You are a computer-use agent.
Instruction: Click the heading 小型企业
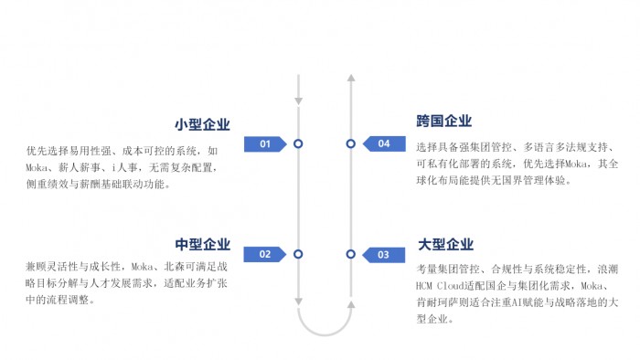click(202, 124)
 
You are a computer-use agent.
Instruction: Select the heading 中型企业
click(202, 244)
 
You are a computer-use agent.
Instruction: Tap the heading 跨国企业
click(444, 121)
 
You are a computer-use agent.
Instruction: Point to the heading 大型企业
click(446, 244)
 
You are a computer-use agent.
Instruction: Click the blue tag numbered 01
click(265, 144)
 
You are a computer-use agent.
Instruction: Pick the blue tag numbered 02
click(265, 254)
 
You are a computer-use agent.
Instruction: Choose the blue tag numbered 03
click(384, 255)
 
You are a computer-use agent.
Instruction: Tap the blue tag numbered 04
click(384, 143)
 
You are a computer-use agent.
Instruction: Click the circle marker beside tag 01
click(298, 144)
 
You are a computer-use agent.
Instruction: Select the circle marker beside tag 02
click(298, 254)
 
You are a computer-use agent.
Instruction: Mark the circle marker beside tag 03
click(350, 254)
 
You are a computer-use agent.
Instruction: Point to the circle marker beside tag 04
click(350, 143)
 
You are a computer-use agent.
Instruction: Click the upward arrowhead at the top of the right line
click(351, 78)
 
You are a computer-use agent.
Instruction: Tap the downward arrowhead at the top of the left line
click(299, 101)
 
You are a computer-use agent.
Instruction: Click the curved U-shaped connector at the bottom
click(325, 334)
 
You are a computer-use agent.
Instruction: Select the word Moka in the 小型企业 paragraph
click(37, 167)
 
